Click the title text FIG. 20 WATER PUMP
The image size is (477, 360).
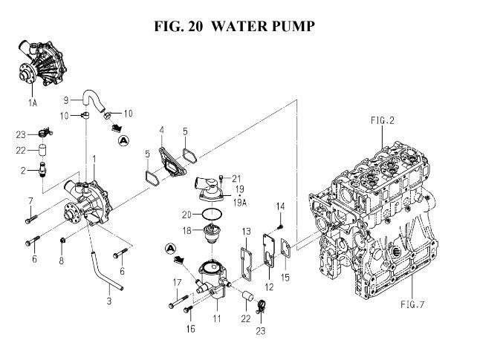click(x=234, y=26)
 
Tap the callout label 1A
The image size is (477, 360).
click(x=33, y=103)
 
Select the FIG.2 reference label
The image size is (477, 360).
click(x=382, y=120)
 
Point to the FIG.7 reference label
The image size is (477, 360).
click(x=412, y=304)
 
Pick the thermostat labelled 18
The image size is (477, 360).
click(x=212, y=233)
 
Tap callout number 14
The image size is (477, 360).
click(x=280, y=206)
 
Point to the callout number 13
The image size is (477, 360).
click(x=247, y=232)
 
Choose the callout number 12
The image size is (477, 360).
click(x=269, y=287)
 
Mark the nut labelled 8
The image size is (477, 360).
click(x=62, y=240)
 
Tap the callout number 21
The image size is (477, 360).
click(x=236, y=178)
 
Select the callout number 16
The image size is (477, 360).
click(x=190, y=329)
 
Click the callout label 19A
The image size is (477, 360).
click(x=239, y=203)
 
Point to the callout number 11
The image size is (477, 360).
click(x=217, y=318)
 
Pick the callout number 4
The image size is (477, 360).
click(x=161, y=131)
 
